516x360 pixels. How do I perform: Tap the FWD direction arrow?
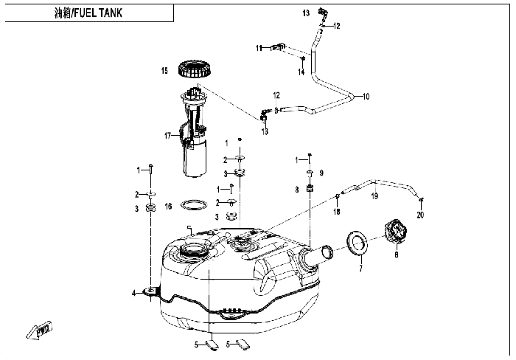click(40, 330)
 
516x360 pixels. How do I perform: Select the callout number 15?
click(164, 71)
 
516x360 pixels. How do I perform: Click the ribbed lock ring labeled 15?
click(195, 69)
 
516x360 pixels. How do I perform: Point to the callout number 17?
click(168, 136)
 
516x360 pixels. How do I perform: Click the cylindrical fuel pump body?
click(195, 157)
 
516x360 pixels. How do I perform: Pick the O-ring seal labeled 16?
click(195, 205)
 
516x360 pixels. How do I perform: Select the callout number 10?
click(366, 97)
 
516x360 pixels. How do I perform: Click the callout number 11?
click(259, 49)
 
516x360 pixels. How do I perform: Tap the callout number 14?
click(301, 72)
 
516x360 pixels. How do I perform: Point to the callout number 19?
click(374, 196)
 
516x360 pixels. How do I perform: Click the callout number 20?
click(420, 215)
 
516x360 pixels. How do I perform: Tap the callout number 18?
click(337, 212)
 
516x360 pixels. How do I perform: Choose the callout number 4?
click(133, 293)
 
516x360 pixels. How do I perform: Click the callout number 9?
click(321, 173)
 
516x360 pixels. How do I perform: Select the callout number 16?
click(168, 207)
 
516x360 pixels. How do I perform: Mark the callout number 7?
click(360, 269)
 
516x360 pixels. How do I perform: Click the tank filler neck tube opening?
click(327, 252)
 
